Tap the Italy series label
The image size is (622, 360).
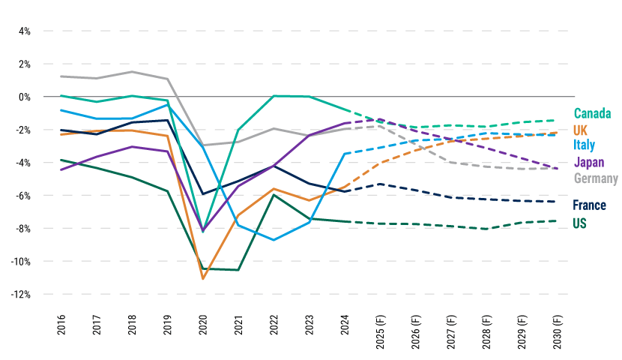click(x=585, y=145)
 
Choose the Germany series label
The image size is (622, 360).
click(x=596, y=178)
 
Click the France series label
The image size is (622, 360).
click(x=589, y=205)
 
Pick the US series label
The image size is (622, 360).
click(x=579, y=223)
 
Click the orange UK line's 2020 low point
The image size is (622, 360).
click(x=202, y=279)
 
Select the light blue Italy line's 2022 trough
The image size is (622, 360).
click(x=274, y=240)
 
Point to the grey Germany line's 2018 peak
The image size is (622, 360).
click(x=132, y=72)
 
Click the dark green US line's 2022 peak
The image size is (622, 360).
click(x=274, y=195)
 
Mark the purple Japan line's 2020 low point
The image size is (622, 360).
click(x=202, y=231)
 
